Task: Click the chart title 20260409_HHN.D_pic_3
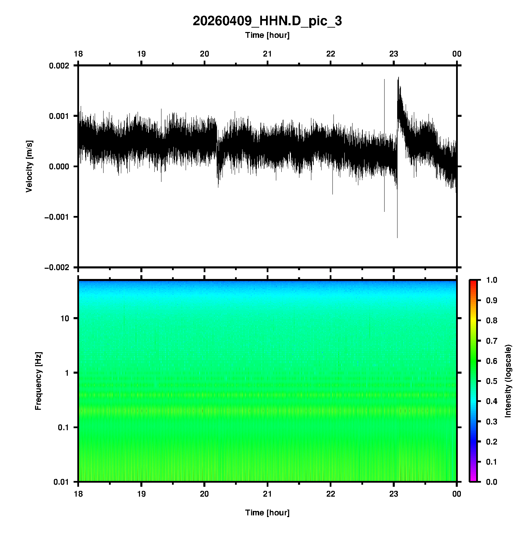click(267, 21)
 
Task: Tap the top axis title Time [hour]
click(267, 35)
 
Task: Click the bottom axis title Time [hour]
click(267, 513)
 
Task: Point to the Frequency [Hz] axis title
click(38, 381)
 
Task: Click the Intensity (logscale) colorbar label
click(508, 381)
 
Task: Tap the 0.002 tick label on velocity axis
click(59, 66)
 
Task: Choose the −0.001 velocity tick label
click(57, 217)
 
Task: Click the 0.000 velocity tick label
click(59, 167)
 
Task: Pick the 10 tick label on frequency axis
click(64, 318)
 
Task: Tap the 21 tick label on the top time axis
click(267, 54)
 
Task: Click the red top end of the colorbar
click(473, 282)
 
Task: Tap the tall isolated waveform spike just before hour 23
click(384, 102)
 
